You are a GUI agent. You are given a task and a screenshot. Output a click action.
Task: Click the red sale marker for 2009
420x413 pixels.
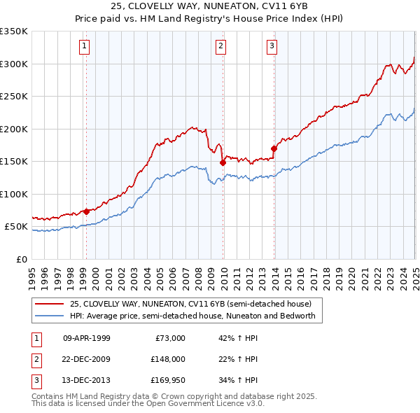click(223, 162)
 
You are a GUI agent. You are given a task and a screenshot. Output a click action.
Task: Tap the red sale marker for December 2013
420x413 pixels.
click(274, 148)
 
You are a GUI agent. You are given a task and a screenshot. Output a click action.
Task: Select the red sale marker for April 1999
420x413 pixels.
click(86, 211)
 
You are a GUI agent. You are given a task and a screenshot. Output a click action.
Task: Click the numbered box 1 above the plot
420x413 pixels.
click(84, 47)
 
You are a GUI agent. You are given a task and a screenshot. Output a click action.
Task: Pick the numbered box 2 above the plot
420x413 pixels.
click(220, 47)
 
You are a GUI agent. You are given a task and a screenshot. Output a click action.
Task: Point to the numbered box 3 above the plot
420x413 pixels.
click(272, 47)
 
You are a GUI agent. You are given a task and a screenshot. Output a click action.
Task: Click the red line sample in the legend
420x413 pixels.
click(50, 304)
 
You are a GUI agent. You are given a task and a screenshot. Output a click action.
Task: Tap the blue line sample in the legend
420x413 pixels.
click(50, 316)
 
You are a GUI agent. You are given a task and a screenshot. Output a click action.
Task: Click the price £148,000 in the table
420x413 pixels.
click(168, 360)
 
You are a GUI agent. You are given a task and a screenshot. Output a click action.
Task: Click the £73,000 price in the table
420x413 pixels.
click(170, 338)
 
